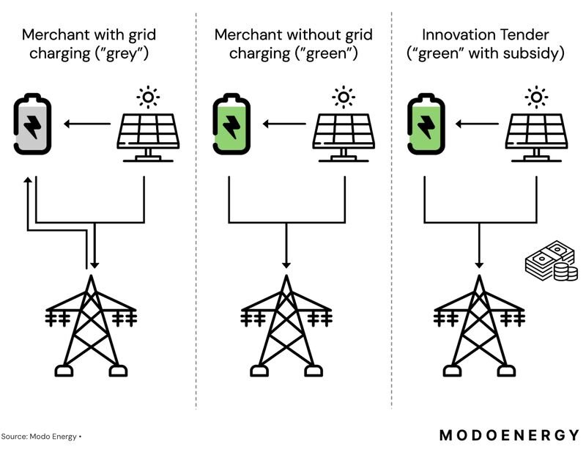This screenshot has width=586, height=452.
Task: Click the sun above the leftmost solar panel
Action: [x=149, y=97]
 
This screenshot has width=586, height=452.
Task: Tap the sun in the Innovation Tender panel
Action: [x=537, y=97]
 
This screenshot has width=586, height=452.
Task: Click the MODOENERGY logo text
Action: [x=508, y=435]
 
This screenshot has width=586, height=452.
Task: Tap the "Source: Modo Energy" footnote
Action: [x=41, y=437]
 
